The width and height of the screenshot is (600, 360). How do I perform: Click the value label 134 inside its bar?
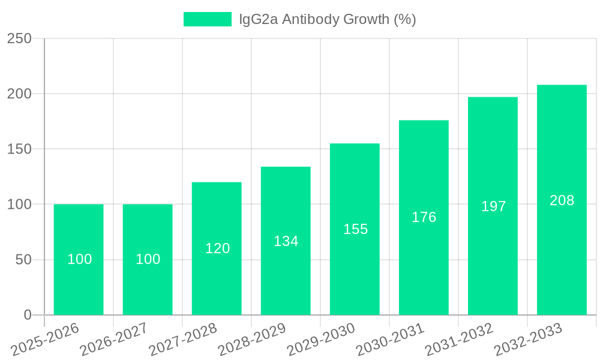[x=286, y=241]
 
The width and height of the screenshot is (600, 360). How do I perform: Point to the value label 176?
[x=424, y=217]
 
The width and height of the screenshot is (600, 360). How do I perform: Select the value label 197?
[x=493, y=206]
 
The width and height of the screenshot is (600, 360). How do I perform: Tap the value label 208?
[x=562, y=200]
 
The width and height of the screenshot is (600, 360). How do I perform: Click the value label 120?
[x=217, y=248]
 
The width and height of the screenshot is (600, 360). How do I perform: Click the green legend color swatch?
[x=207, y=19]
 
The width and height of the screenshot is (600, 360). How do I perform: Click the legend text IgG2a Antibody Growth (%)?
[x=327, y=19]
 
